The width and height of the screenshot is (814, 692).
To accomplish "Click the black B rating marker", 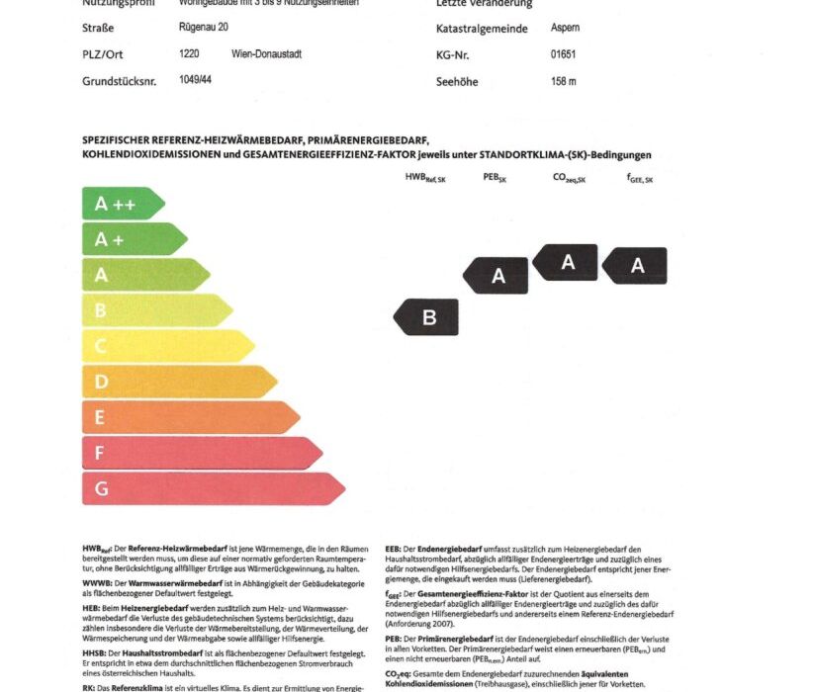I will coord(426,317).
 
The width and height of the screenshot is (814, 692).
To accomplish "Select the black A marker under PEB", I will coord(496,276).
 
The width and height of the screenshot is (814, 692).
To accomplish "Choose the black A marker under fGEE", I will coord(635,265).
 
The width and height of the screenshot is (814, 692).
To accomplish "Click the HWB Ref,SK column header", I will coord(425,179).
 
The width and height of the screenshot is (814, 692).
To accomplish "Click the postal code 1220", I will coord(189,54).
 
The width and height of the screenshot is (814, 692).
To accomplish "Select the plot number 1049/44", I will coord(195,79).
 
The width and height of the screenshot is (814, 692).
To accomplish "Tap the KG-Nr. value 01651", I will coord(563,55).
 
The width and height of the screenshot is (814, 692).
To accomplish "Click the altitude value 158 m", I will coord(563,81).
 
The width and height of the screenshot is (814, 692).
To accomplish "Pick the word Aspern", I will coord(566,29).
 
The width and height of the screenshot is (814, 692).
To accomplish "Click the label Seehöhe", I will coord(457,82).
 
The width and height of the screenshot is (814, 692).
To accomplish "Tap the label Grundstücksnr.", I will coord(120,81).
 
